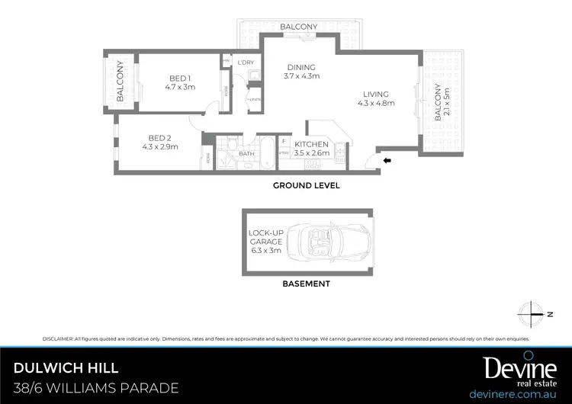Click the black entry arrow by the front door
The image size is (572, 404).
point(387,161)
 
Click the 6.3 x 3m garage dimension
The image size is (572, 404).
point(265,250)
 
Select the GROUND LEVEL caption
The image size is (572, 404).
point(307,185)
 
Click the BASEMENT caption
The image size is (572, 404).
point(307,284)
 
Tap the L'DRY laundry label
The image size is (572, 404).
point(246,62)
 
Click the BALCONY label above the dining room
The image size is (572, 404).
point(298,27)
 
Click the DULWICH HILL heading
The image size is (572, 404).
point(66,368)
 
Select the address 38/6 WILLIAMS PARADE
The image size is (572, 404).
point(96,388)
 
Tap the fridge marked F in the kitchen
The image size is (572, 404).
point(284,142)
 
